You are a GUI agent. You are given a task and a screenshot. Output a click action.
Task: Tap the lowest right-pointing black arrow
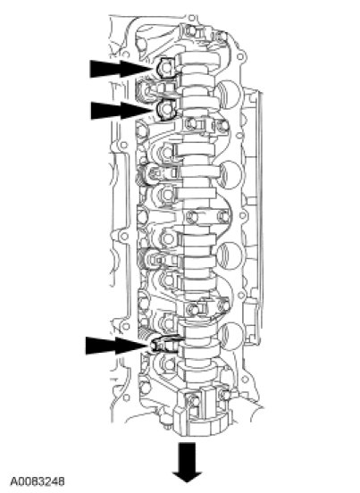click(117, 346)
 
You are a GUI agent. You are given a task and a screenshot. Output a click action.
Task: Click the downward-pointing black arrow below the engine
click(188, 463)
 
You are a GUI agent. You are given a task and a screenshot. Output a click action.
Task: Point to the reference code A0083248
click(38, 481)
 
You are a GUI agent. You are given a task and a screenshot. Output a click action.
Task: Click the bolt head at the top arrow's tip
click(165, 68)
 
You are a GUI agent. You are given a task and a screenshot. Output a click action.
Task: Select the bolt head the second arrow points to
click(164, 109)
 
